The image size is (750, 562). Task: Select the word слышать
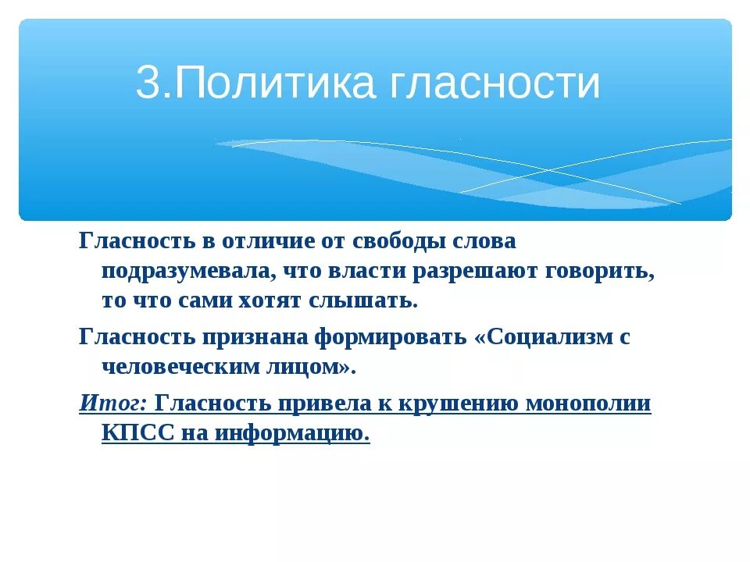[370, 301]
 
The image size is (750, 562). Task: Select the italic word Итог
[112, 404]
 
